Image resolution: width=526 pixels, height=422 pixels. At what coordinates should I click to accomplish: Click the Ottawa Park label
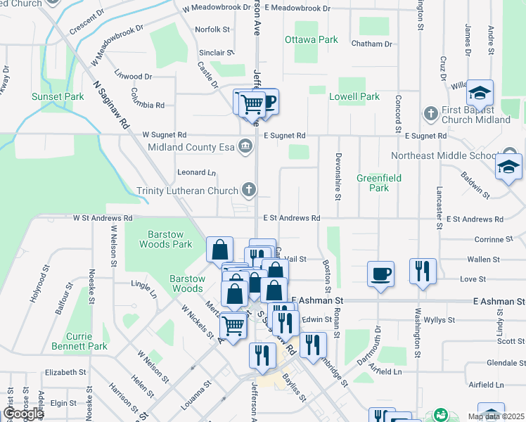312,40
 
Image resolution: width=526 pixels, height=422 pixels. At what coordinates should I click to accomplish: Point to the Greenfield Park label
378,183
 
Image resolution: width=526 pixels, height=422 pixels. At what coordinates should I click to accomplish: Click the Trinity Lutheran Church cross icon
248,189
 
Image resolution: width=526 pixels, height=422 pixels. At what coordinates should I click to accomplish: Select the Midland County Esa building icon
245,147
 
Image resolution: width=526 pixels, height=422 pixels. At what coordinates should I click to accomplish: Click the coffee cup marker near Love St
381,274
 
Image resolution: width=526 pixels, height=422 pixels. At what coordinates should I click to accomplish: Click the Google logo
23,414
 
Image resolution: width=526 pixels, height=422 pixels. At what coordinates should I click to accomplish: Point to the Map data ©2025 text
496,416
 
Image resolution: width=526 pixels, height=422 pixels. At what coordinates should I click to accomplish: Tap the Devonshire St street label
338,176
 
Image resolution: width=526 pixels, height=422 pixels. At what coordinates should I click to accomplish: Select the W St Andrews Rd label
103,219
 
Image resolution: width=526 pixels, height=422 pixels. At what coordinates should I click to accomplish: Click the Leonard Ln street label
196,172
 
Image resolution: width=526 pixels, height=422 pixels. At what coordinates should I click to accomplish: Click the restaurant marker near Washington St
423,271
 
